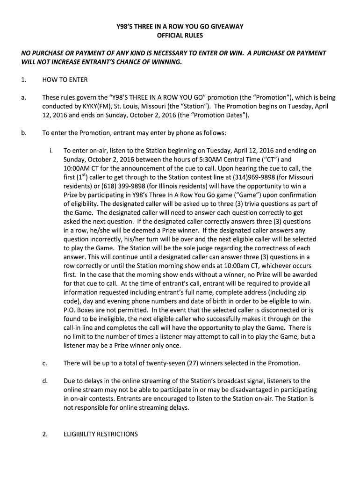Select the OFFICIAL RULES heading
point(180,36)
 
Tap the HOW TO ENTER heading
point(65,80)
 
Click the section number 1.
point(23,80)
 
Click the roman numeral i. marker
point(50,151)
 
